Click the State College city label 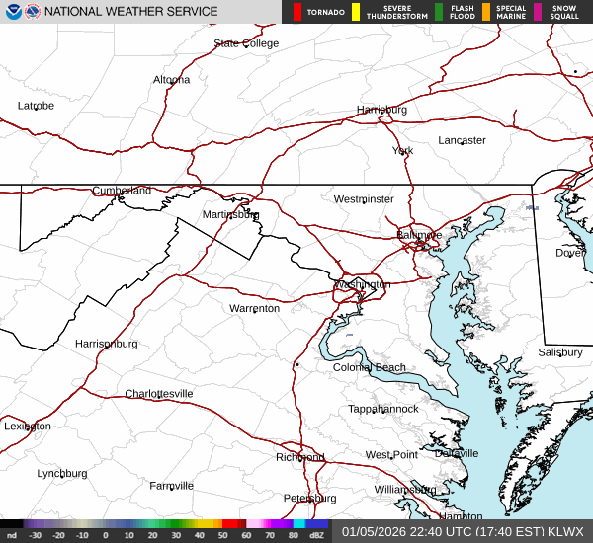[x=246, y=43]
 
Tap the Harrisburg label [x=381, y=110]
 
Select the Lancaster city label [x=462, y=140]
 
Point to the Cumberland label [x=122, y=191]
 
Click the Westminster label [x=363, y=199]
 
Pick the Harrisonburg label [x=106, y=344]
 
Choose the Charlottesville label [x=158, y=394]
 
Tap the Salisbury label [x=560, y=352]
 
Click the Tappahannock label [x=382, y=409]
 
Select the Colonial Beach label [x=369, y=368]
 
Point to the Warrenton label [x=254, y=308]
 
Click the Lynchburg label [x=62, y=474]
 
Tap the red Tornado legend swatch [x=297, y=12]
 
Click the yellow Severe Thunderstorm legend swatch [x=356, y=12]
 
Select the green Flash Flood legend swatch [x=438, y=12]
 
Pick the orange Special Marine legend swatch [x=486, y=12]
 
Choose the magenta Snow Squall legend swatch [x=538, y=12]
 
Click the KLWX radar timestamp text [x=463, y=531]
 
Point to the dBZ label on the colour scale [x=317, y=535]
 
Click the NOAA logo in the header [x=34, y=12]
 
